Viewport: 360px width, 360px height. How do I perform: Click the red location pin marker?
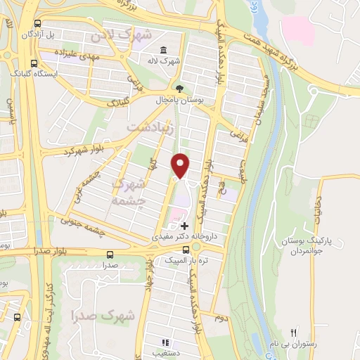click(x=181, y=165)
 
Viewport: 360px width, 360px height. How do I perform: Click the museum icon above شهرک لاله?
click(x=164, y=49)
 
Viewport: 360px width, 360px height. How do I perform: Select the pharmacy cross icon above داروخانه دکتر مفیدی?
click(x=184, y=226)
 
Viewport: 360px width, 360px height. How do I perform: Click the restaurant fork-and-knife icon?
click(x=295, y=333)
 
